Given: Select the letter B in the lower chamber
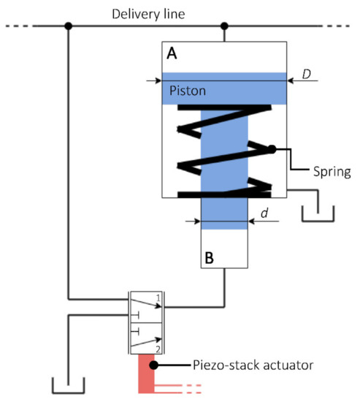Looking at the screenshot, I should (x=208, y=257).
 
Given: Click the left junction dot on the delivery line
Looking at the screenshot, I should (x=68, y=26).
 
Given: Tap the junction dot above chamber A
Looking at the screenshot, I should (x=224, y=26).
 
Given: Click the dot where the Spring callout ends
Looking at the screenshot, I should (x=271, y=149).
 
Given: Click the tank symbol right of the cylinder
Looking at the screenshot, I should (x=318, y=214).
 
